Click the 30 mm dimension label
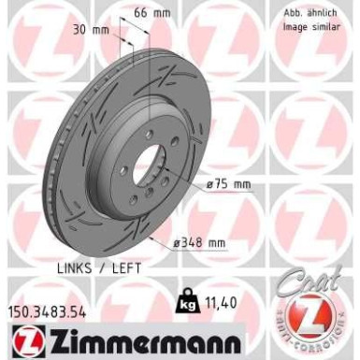click(87, 29)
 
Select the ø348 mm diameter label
click(202, 244)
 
